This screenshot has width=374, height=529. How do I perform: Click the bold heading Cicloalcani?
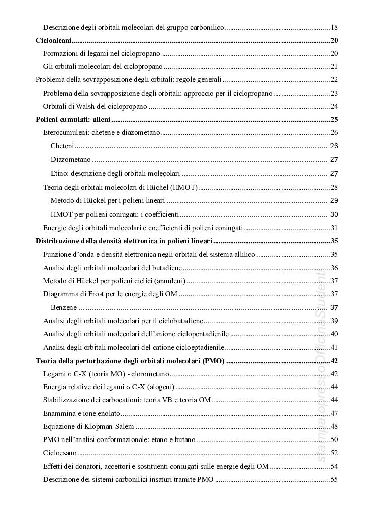54,41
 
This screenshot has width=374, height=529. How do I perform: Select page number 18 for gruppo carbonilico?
334,27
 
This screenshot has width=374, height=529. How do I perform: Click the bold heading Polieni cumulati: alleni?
73,119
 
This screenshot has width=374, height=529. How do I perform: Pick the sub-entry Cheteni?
63,146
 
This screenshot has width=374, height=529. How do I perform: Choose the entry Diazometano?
71,159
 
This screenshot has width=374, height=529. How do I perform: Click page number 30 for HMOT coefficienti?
334,214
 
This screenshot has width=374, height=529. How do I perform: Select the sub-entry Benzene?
64,307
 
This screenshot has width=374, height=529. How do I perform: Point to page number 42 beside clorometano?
334,374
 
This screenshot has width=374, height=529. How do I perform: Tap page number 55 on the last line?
334,479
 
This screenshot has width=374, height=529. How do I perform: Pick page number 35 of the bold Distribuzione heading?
334,241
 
